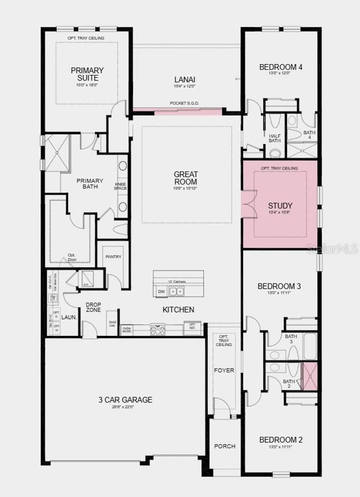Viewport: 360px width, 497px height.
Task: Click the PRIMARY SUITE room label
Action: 87,74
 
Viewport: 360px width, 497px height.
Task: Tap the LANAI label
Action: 185,80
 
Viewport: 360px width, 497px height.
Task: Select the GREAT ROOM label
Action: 186,178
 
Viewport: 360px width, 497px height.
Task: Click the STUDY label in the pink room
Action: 280,206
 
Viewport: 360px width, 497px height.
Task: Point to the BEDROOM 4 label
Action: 281,67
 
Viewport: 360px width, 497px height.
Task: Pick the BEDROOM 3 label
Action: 279,286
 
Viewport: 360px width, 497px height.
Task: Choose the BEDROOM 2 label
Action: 281,440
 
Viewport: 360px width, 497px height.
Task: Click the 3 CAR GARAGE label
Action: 125,400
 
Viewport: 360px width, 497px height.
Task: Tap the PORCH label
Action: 225,446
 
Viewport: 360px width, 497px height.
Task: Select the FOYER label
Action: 224,370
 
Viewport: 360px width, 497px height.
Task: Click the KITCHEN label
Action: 178,310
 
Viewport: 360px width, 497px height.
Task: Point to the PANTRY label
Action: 113,257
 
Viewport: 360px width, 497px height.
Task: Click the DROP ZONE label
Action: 93,307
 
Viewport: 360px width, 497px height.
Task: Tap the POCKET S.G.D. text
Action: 184,103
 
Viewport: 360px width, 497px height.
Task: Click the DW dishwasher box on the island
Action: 161,292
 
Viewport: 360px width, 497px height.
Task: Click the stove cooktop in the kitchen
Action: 157,330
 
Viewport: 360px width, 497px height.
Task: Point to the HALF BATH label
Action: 275,138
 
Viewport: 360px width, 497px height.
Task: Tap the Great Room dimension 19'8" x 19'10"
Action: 186,189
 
